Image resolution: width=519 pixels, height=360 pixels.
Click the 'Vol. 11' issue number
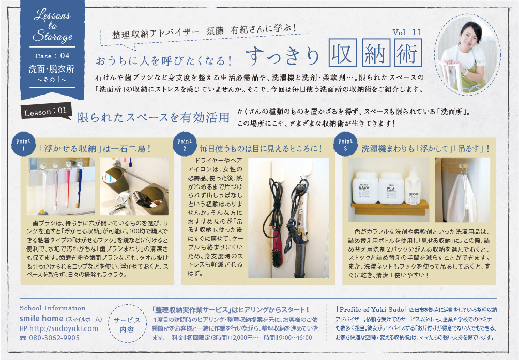(x=407, y=33)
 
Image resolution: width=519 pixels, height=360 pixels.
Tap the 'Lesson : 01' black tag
(x=45, y=112)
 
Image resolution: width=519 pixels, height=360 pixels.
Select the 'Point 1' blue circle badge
(x=23, y=144)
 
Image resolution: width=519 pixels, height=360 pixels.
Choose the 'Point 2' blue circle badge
(x=185, y=144)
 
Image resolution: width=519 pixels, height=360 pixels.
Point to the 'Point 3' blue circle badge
(x=345, y=144)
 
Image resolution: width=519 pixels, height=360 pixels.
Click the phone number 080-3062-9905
(x=50, y=338)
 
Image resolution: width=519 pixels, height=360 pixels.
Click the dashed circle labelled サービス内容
(x=127, y=324)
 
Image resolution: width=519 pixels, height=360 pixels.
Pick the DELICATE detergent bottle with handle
(x=413, y=187)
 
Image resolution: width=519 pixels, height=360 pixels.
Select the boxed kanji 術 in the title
(x=408, y=53)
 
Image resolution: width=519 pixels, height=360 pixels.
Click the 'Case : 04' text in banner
(x=52, y=56)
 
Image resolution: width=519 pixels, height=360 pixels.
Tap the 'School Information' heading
(x=52, y=308)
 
